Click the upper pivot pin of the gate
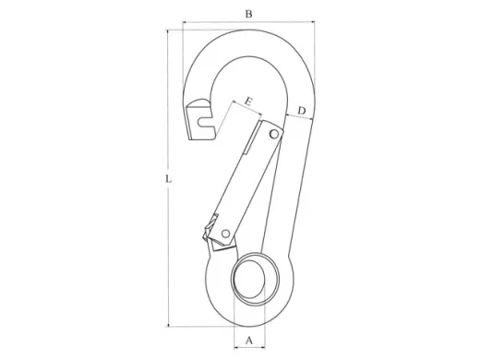point(273,136)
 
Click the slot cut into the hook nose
point(210,117)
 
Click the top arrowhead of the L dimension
point(169,32)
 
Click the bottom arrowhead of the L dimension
point(169,324)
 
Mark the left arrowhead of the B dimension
point(185,22)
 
